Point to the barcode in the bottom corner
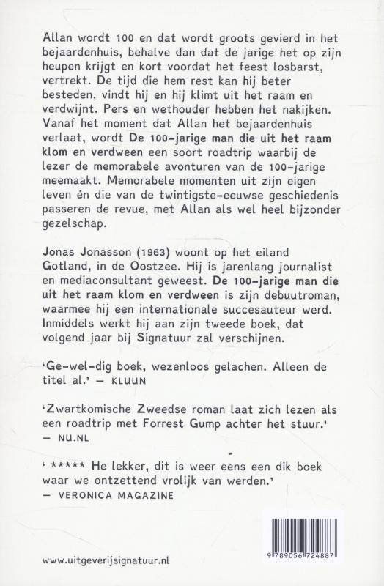pos(312,541)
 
